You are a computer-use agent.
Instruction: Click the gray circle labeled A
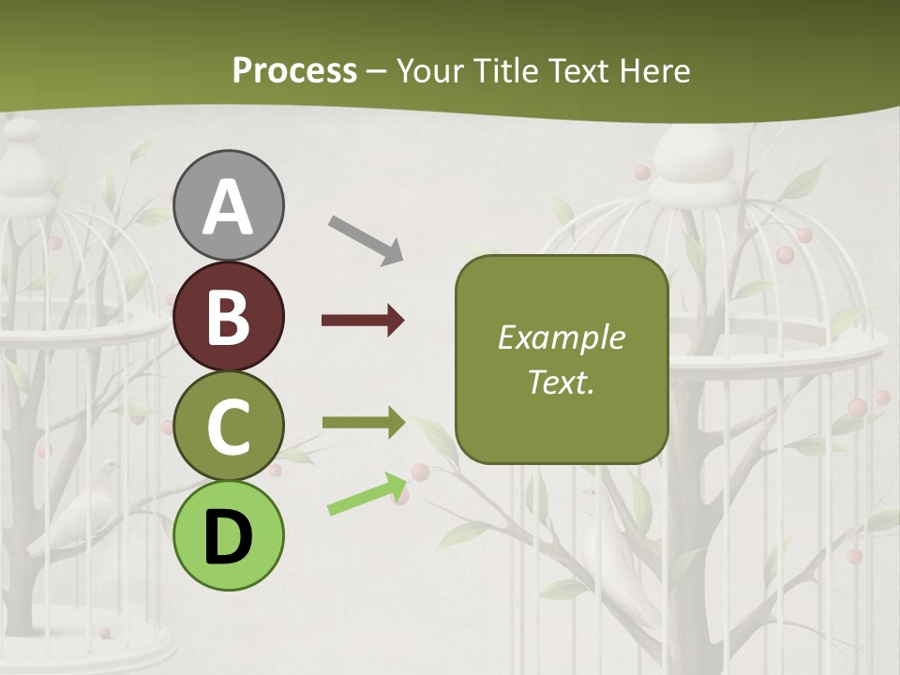[x=229, y=205]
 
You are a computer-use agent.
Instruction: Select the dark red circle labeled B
[x=229, y=316]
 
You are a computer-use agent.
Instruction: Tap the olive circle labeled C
[x=229, y=426]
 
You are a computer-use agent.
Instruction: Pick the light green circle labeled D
[x=229, y=535]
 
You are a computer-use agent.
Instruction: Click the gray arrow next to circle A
[x=366, y=239]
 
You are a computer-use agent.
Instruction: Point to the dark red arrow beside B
[x=363, y=321]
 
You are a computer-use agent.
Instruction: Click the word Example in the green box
[x=561, y=337]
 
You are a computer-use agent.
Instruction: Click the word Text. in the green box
[x=561, y=382]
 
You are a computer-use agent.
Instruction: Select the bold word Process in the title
[x=294, y=70]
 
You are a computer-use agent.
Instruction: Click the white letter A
[x=229, y=207]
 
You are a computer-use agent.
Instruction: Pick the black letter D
[x=229, y=536]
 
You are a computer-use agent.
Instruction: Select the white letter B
[x=229, y=317]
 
